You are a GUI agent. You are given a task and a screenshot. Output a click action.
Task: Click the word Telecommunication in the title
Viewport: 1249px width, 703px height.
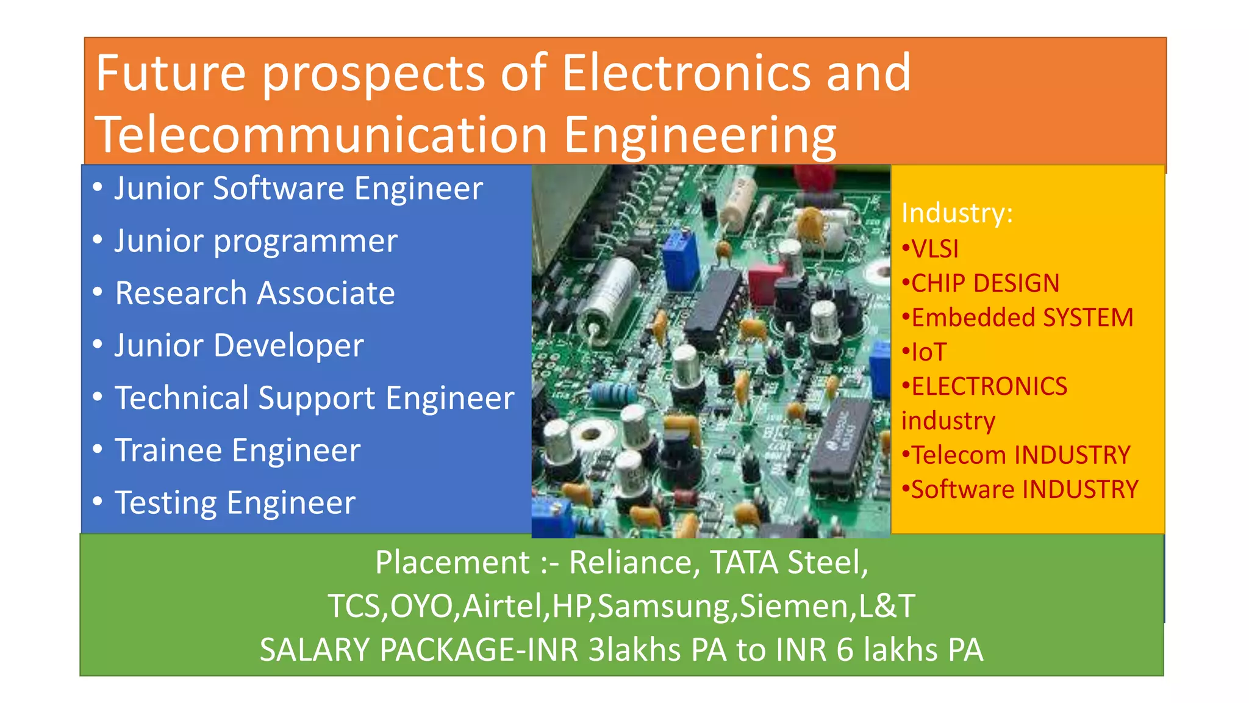coord(321,135)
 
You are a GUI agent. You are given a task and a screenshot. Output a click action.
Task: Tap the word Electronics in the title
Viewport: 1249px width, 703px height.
coord(685,73)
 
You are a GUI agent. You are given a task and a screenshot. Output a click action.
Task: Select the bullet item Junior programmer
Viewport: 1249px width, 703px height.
coord(256,241)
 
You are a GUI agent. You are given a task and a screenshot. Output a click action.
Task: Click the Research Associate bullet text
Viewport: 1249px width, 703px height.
coord(255,294)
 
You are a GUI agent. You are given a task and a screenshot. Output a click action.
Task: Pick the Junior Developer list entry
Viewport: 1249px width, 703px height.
coord(239,346)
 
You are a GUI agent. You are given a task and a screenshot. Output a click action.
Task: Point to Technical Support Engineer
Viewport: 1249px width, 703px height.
coord(315,398)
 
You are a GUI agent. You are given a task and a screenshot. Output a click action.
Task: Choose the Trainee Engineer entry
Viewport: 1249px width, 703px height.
coord(238,451)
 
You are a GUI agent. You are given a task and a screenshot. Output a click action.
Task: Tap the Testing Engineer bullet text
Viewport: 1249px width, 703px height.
coord(235,503)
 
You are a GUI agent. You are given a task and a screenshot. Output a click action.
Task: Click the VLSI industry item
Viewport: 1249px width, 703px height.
coord(934,249)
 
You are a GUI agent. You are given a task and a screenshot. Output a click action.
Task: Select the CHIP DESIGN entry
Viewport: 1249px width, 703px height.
coord(985,283)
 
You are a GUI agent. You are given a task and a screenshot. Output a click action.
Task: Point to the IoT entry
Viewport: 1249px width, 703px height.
coord(928,352)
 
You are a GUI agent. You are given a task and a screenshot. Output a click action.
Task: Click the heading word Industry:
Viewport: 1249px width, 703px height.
coord(957,214)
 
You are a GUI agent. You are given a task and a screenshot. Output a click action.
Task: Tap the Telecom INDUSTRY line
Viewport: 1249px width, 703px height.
coord(1020,455)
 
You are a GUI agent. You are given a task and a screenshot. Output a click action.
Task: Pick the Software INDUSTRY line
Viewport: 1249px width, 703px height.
coord(1025,489)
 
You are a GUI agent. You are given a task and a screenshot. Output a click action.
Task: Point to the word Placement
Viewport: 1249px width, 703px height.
coord(453,562)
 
